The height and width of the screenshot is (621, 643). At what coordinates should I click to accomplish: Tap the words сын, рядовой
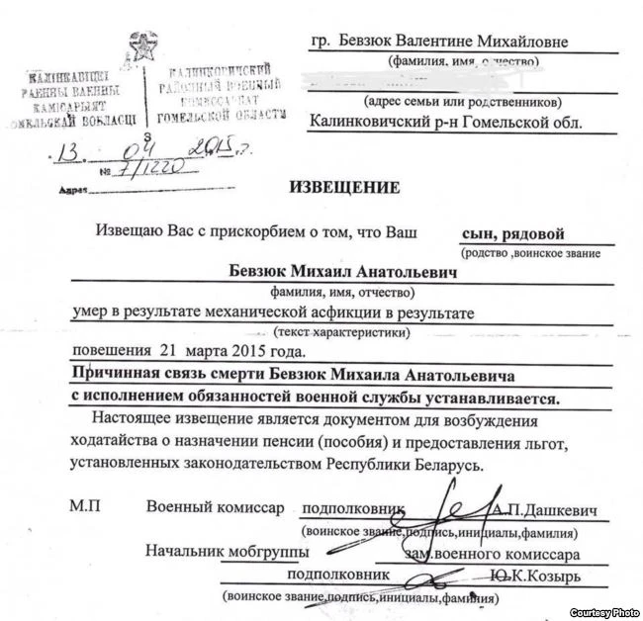pos(512,234)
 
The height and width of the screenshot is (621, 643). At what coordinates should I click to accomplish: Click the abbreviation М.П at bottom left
pos(84,507)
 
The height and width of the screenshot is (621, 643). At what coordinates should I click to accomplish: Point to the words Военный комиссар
pos(215,507)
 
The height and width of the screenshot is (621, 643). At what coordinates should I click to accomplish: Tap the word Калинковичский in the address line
pos(370,123)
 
